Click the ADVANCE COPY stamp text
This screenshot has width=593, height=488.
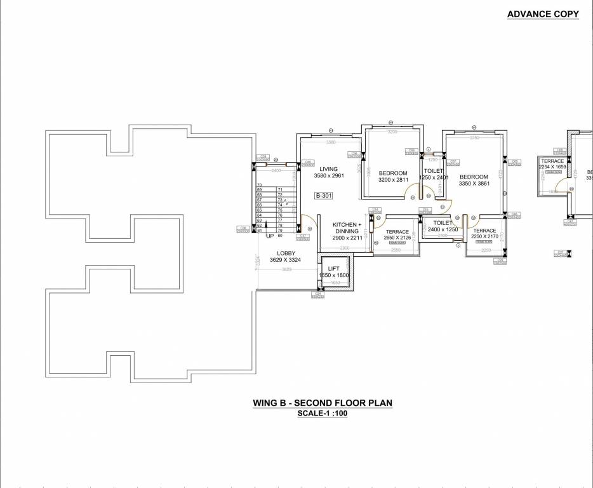pyautogui.click(x=543, y=15)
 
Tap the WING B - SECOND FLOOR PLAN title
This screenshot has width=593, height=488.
pyautogui.click(x=323, y=403)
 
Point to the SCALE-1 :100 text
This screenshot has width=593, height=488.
pyautogui.click(x=323, y=414)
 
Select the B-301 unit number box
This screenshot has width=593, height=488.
pyautogui.click(x=324, y=196)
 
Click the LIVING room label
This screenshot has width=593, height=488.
pyautogui.click(x=328, y=169)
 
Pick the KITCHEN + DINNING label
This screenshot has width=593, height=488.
pyautogui.click(x=347, y=228)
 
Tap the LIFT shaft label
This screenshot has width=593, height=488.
pyautogui.click(x=333, y=268)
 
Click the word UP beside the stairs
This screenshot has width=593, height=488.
pyautogui.click(x=270, y=236)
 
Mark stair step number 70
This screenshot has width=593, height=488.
pyautogui.click(x=259, y=184)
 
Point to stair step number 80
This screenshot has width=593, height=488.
pyautogui.click(x=280, y=236)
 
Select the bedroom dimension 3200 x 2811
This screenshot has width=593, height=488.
pyautogui.click(x=393, y=180)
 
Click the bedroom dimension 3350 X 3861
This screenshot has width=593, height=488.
pyautogui.click(x=474, y=184)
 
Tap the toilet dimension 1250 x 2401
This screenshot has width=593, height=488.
pyautogui.click(x=434, y=178)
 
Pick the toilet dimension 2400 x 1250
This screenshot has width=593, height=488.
pyautogui.click(x=443, y=229)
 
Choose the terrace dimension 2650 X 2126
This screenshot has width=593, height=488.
pyautogui.click(x=397, y=238)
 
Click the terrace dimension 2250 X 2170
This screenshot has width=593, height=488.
pyautogui.click(x=484, y=237)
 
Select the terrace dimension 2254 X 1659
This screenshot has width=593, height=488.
pyautogui.click(x=552, y=167)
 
